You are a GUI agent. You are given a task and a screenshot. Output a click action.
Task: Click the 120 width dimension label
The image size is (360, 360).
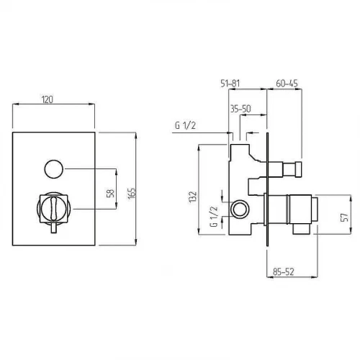pyautogui.click(x=48, y=99)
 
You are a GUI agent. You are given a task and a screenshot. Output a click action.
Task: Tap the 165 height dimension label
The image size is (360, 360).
pyautogui.click(x=132, y=193)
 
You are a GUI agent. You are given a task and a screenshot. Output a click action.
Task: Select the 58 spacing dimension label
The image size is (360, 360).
pyautogui.click(x=110, y=193)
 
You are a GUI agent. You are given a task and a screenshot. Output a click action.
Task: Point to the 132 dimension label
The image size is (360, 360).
pyautogui.click(x=193, y=197)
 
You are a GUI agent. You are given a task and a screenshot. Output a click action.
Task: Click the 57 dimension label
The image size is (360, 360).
pyautogui.click(x=344, y=217)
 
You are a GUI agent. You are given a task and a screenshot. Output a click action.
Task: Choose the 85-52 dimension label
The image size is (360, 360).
pyautogui.click(x=283, y=271)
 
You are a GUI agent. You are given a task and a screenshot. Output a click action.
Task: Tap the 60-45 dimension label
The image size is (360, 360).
pyautogui.click(x=287, y=84)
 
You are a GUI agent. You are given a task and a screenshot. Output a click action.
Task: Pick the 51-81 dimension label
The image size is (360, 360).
pyautogui.click(x=230, y=84)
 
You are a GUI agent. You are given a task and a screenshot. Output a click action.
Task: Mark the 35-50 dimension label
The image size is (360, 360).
pyautogui.click(x=240, y=109)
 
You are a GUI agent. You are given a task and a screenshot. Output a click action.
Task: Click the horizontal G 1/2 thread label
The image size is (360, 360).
pyautogui.click(x=185, y=125)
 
